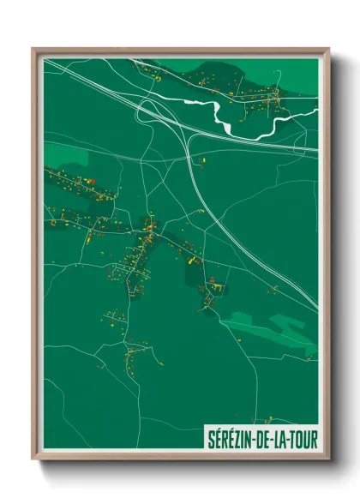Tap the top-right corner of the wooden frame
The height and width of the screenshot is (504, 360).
pyautogui.click(x=328, y=49)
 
